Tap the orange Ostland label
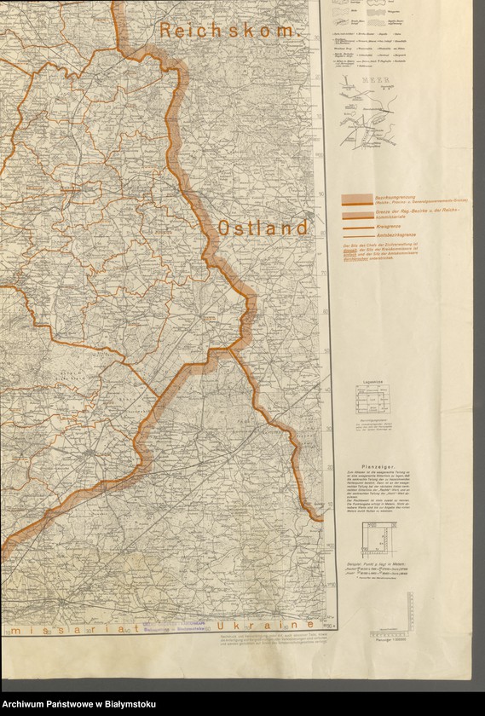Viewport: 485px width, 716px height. (262, 228)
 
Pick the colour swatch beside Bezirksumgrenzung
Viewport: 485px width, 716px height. (357, 199)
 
